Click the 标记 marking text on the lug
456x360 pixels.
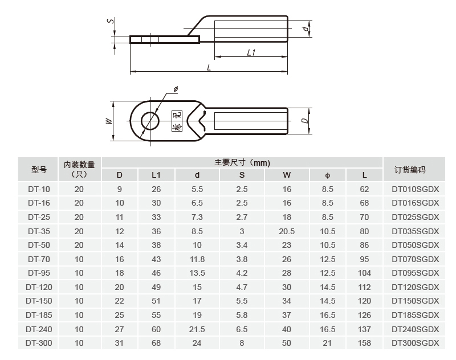pos(177,121)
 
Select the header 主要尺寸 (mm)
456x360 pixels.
pos(242,162)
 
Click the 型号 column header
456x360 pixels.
pos(39,170)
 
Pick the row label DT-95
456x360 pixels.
pos(39,272)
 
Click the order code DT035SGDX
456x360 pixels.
pos(415,231)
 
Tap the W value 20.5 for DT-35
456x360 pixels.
pos(287,231)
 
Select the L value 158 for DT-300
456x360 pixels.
pos(364,343)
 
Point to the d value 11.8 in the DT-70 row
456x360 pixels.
pos(197,259)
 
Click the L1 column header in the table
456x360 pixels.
pos(156,175)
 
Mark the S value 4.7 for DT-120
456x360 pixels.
pos(242,287)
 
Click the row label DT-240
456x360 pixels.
pos(39,329)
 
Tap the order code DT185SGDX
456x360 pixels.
pos(415,315)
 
